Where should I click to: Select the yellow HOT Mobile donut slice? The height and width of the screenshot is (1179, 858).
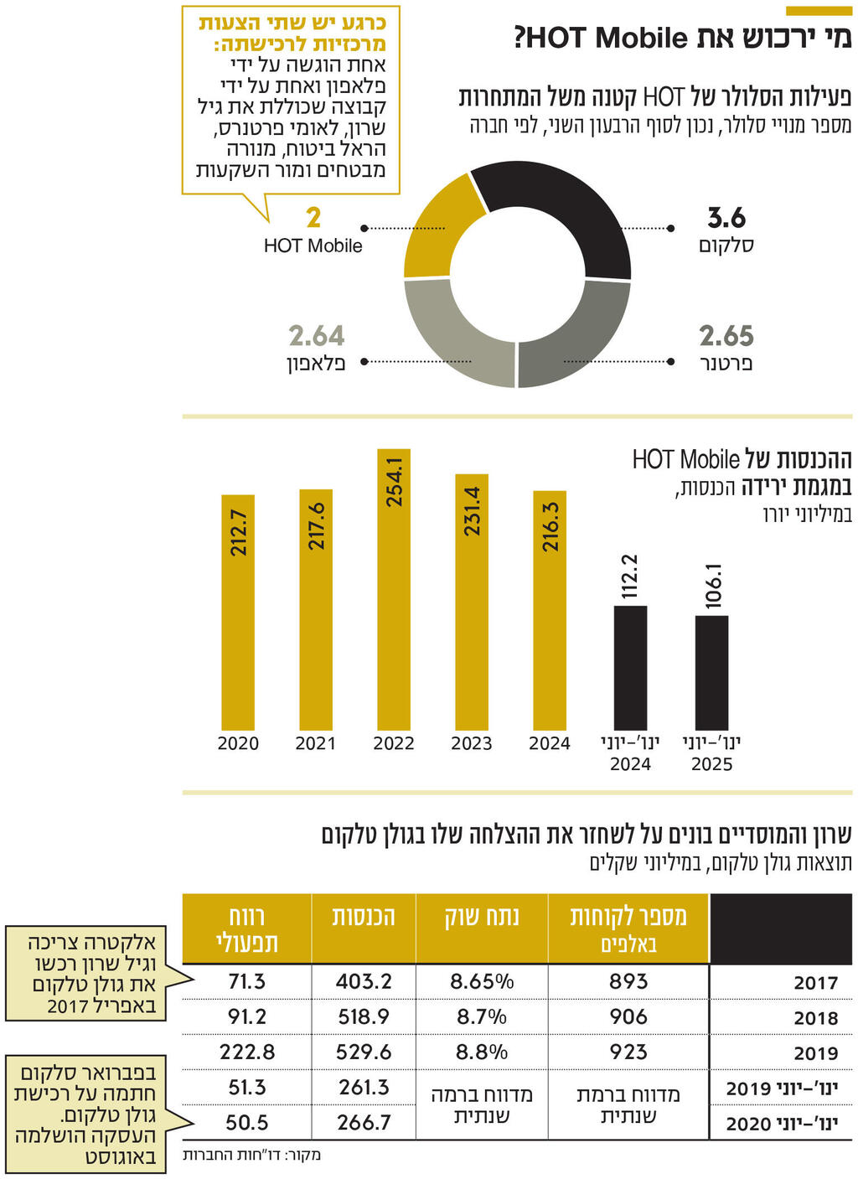[x=440, y=226]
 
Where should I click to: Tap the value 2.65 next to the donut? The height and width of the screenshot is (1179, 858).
[x=726, y=336]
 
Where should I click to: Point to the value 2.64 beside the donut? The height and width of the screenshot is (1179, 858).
[x=317, y=336]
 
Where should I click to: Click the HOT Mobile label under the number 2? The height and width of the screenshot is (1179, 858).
[x=313, y=246]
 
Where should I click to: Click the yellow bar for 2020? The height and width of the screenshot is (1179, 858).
[x=238, y=612]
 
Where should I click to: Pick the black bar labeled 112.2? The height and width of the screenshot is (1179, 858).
[x=630, y=667]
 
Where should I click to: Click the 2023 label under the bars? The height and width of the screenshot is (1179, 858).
[x=472, y=743]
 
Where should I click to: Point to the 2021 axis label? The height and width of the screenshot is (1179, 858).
[x=316, y=743]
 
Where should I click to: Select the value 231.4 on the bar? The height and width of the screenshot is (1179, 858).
[x=473, y=511]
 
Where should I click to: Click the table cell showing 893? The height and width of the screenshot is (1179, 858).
[x=628, y=981]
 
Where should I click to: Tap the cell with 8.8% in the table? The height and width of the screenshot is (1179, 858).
[x=482, y=1052]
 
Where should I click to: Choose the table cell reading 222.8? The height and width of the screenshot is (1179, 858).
[x=247, y=1052]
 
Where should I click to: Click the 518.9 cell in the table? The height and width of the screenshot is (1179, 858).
[x=363, y=1016]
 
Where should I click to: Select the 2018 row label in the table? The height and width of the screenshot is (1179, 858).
[x=815, y=1018]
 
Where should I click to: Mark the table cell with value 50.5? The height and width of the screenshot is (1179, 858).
[x=247, y=1122]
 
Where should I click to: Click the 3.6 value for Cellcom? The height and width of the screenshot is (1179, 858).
[x=726, y=218]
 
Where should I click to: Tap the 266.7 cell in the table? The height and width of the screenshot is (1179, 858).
[x=363, y=1122]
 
